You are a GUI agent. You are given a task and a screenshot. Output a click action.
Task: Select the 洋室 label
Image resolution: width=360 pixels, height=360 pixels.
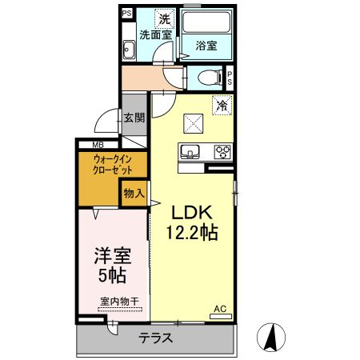coord(114,258)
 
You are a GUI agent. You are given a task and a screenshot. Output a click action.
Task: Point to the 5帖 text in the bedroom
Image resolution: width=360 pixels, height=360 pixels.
coord(114,278)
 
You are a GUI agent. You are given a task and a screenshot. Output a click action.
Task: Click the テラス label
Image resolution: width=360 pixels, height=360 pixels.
coord(156,337)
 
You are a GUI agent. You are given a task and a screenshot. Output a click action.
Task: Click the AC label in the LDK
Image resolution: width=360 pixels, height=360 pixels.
coord(219,307)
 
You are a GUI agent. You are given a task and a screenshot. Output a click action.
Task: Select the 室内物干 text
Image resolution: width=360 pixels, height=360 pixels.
coord(119,301)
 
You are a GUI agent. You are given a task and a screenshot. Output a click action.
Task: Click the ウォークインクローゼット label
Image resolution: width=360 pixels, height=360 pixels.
coord(101,166)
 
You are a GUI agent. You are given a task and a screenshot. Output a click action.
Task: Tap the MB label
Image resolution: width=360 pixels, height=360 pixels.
coord(98,144)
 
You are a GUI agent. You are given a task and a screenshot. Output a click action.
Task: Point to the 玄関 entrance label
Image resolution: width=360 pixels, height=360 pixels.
coord(134,118)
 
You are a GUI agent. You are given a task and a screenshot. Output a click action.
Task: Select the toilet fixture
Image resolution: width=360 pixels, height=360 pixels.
coord(207,78)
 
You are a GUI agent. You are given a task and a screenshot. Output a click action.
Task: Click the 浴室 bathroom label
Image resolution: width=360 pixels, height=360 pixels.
coord(206,46)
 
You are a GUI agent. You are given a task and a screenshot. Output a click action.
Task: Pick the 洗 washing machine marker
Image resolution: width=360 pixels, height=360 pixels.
coord(163,19)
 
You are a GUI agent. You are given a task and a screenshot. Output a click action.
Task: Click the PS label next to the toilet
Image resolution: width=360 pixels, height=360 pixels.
coord(230,78)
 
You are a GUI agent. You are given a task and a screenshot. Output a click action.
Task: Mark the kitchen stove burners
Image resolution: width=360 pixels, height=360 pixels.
coord(222,151)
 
